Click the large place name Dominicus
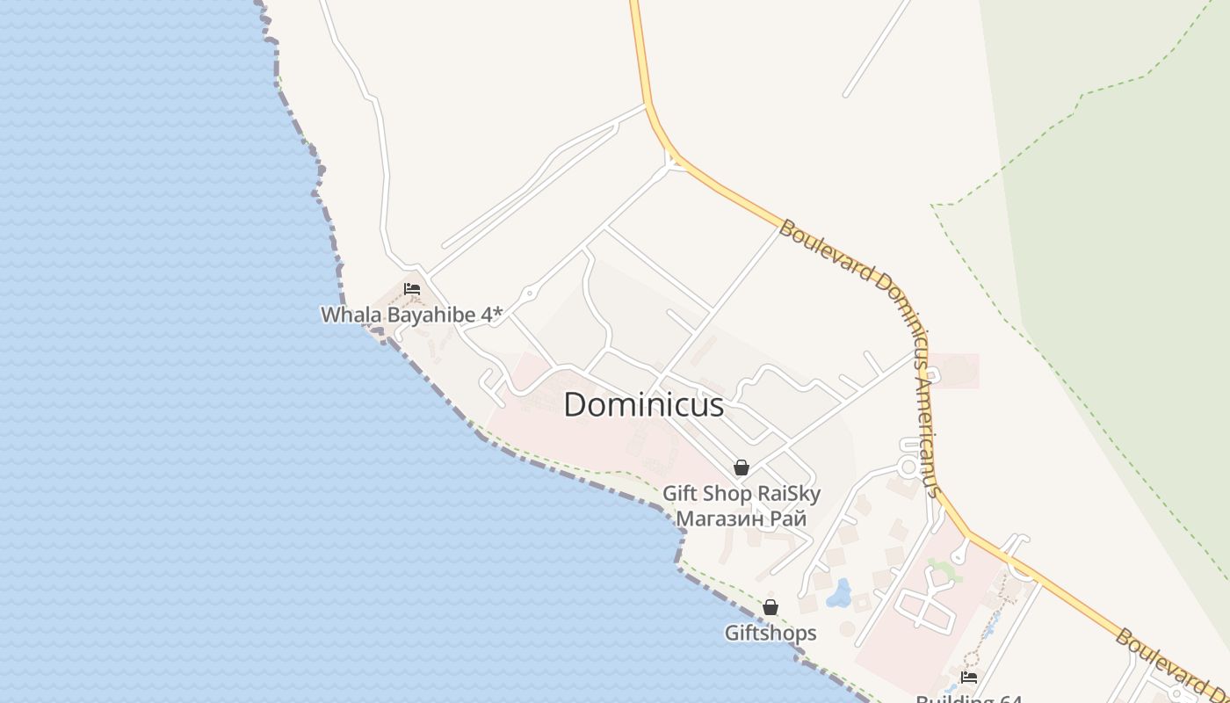pos(644,404)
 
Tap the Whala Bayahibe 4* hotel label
pos(411,315)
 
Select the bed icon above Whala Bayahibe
pos(411,288)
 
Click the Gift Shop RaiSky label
pos(742,493)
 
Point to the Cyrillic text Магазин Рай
pos(742,518)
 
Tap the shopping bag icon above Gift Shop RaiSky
pos(742,467)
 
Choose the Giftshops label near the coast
pos(771,633)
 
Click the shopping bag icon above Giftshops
pos(771,607)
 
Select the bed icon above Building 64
pos(969,677)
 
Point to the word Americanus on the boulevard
pos(928,431)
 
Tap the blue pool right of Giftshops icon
pos(839,594)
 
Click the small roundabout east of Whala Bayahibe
pos(529,294)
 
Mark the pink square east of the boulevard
pos(955,370)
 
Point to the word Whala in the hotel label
pos(345,315)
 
